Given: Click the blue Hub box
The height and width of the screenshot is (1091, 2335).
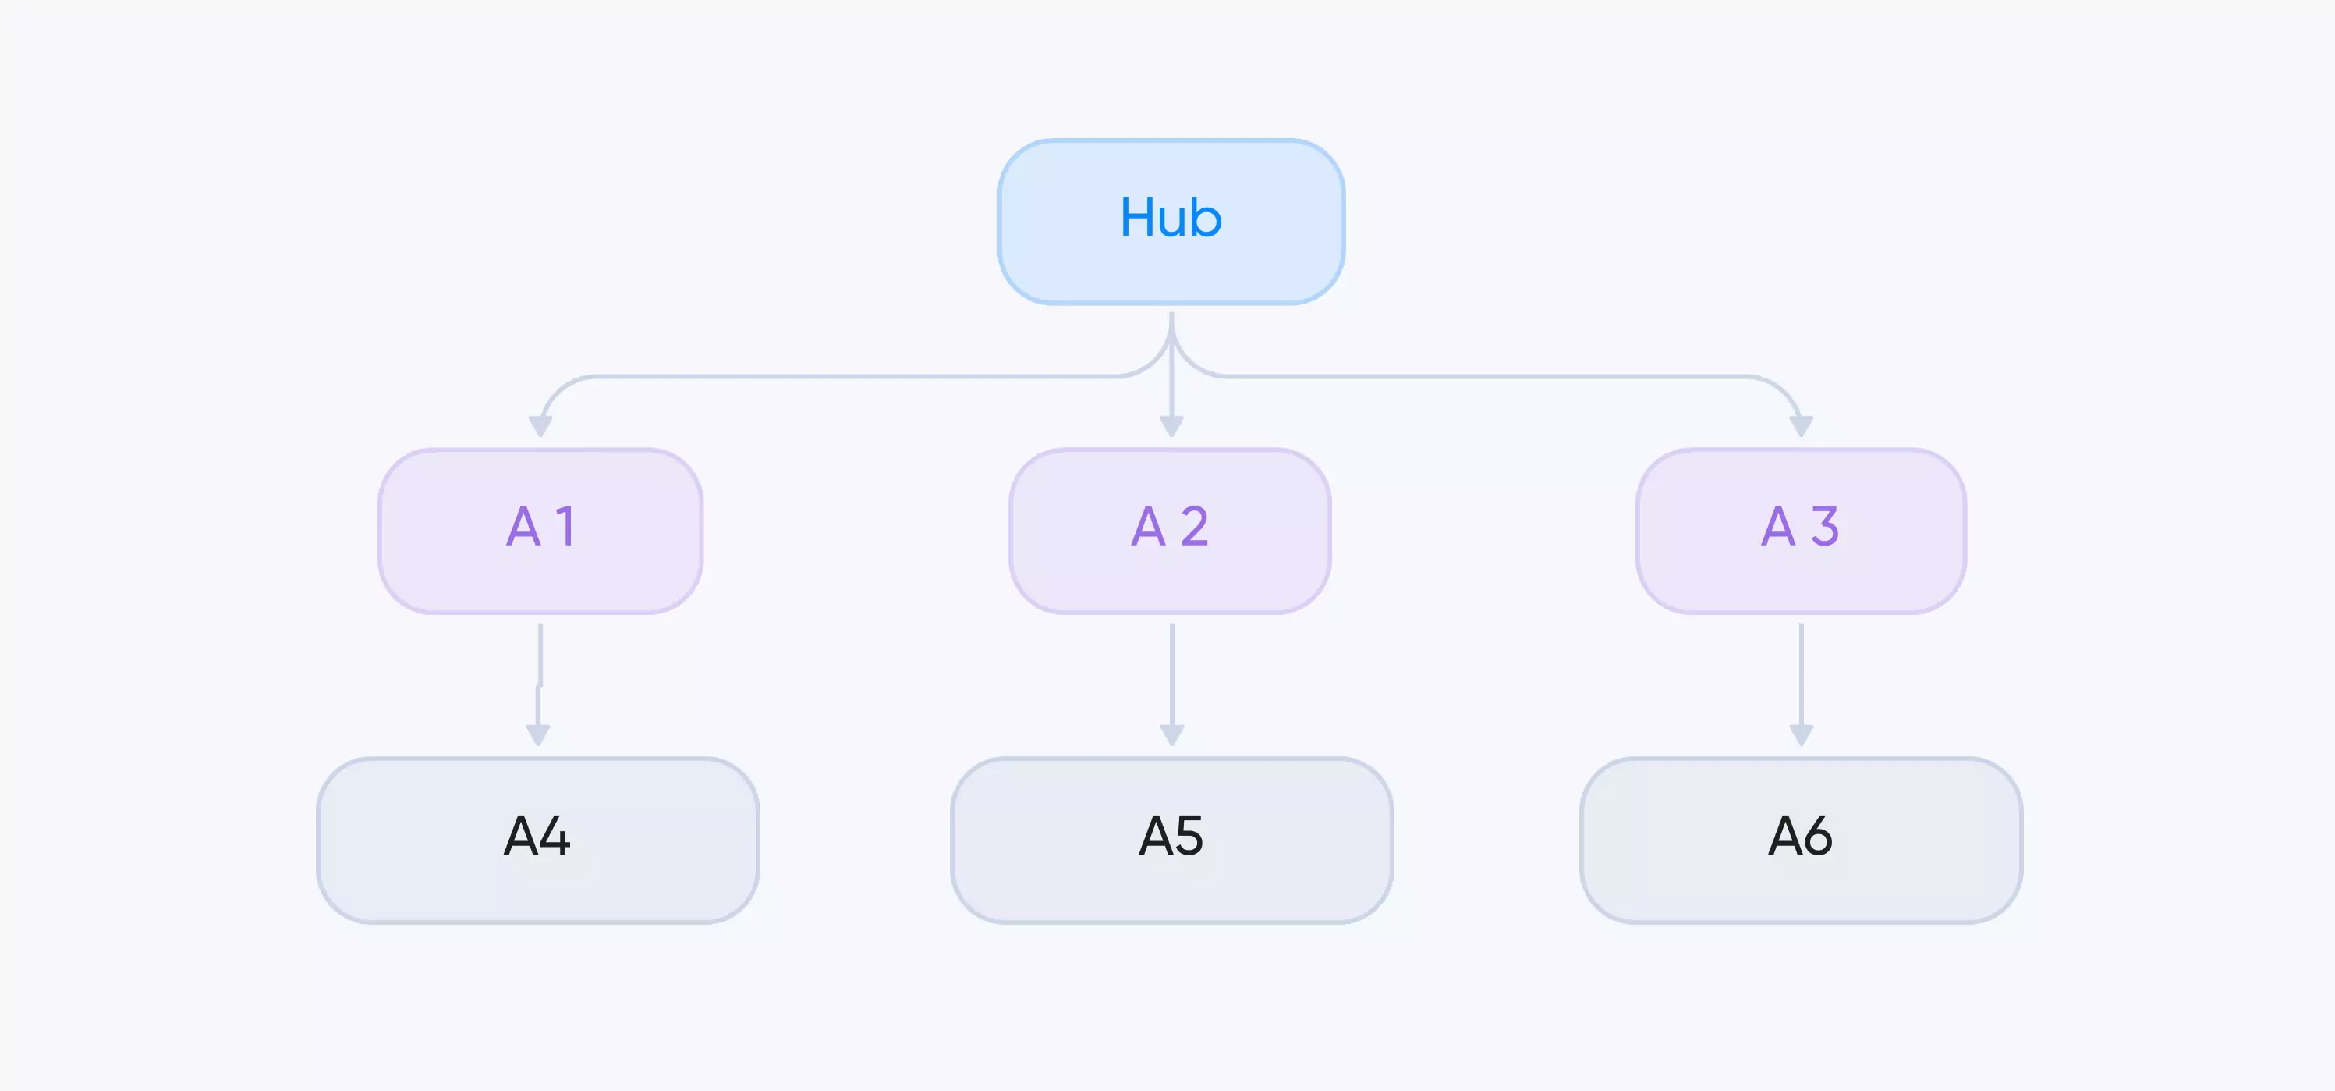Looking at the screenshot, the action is coord(1171,222).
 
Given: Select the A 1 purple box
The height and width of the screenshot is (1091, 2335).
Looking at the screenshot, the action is coord(540,531).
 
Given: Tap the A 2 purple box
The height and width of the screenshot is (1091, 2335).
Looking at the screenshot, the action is coord(1170,531).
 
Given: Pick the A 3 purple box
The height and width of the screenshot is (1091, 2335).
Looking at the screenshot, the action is coord(1801,531).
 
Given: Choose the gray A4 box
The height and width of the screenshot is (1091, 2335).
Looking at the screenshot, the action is coord(537,840).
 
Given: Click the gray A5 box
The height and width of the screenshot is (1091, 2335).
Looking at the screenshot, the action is coord(1171,840).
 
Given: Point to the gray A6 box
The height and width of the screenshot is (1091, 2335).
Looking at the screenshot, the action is coord(1801,840).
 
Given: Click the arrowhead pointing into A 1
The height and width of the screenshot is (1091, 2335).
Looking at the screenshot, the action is coord(540,426).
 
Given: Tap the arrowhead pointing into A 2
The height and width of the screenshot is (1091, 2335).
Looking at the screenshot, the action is coord(1171,426).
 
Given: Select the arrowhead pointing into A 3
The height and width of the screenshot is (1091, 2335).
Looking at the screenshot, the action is coord(1801,426).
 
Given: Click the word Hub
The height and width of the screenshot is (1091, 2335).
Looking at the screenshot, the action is coord(1171,218).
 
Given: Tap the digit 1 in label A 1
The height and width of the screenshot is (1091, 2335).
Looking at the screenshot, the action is coord(565,526).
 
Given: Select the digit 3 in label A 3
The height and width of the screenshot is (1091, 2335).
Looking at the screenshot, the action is coord(1825,526).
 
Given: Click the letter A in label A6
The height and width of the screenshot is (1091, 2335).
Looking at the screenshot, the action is coord(1786,835).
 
